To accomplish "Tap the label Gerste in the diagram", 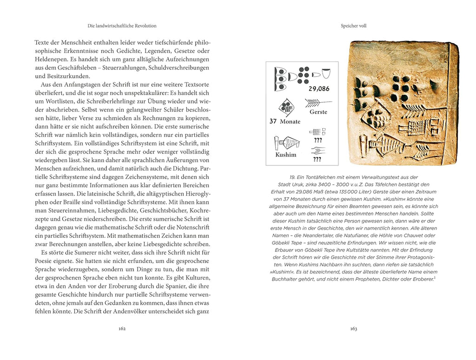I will (x=318, y=112).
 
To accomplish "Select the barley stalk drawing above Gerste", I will (x=318, y=102).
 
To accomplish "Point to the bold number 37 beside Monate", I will (x=273, y=122).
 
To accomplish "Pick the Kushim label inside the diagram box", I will (x=285, y=155).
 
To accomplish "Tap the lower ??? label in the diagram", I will (x=317, y=159).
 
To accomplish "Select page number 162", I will (x=122, y=328).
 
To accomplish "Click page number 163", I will (x=353, y=328).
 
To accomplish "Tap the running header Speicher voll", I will (x=353, y=26).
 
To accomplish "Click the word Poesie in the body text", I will (x=44, y=262).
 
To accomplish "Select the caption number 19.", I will (x=293, y=177).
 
